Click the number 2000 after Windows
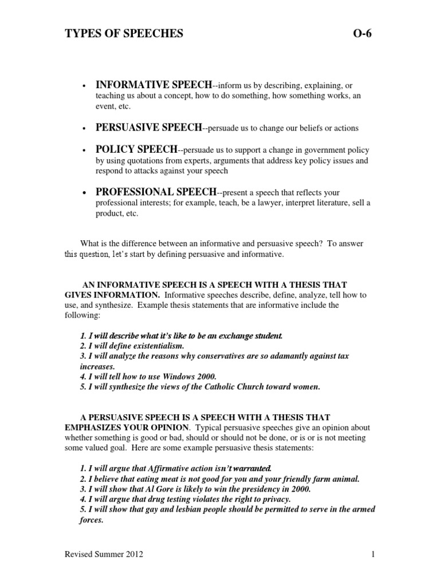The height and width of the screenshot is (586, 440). [205, 376]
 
